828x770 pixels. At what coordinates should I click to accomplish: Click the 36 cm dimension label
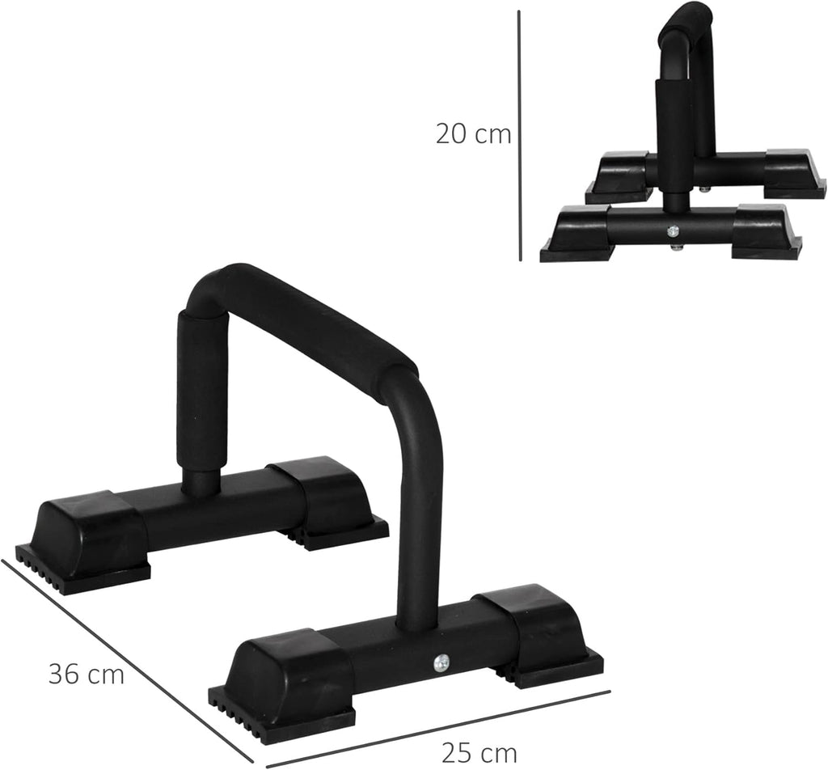tap(86, 674)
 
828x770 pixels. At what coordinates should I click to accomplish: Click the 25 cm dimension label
tap(479, 752)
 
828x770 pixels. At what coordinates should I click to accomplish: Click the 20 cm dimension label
tap(473, 134)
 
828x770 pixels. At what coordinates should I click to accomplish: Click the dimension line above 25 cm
tap(437, 727)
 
